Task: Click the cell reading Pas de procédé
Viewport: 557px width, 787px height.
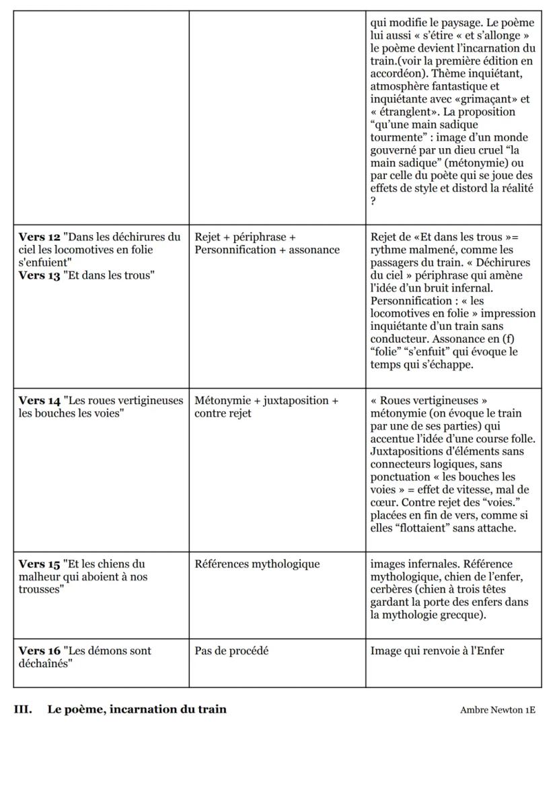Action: pyautogui.click(x=231, y=651)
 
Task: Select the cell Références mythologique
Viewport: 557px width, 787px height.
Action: pyautogui.click(x=257, y=564)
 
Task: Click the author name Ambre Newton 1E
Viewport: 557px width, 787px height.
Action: pyautogui.click(x=498, y=710)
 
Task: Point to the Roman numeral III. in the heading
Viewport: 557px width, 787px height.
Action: pyautogui.click(x=23, y=709)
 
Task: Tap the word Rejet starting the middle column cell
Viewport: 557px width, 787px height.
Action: pyautogui.click(x=207, y=237)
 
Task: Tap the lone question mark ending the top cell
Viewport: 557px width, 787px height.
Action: pyautogui.click(x=373, y=201)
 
